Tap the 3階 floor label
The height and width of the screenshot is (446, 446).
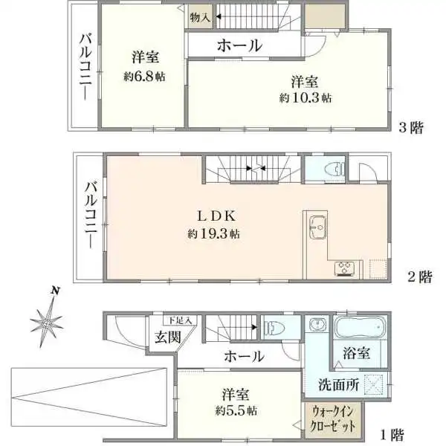(x=410, y=127)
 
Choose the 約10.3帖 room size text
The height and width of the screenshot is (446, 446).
(x=306, y=97)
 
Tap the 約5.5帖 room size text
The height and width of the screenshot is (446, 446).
(x=238, y=410)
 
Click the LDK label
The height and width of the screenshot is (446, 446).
(x=216, y=216)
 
